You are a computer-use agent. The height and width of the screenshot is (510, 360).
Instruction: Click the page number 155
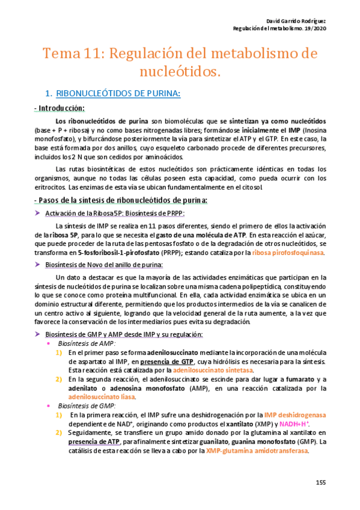point(320,483)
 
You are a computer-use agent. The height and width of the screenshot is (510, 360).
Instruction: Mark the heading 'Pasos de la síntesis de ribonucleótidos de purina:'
point(123,200)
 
